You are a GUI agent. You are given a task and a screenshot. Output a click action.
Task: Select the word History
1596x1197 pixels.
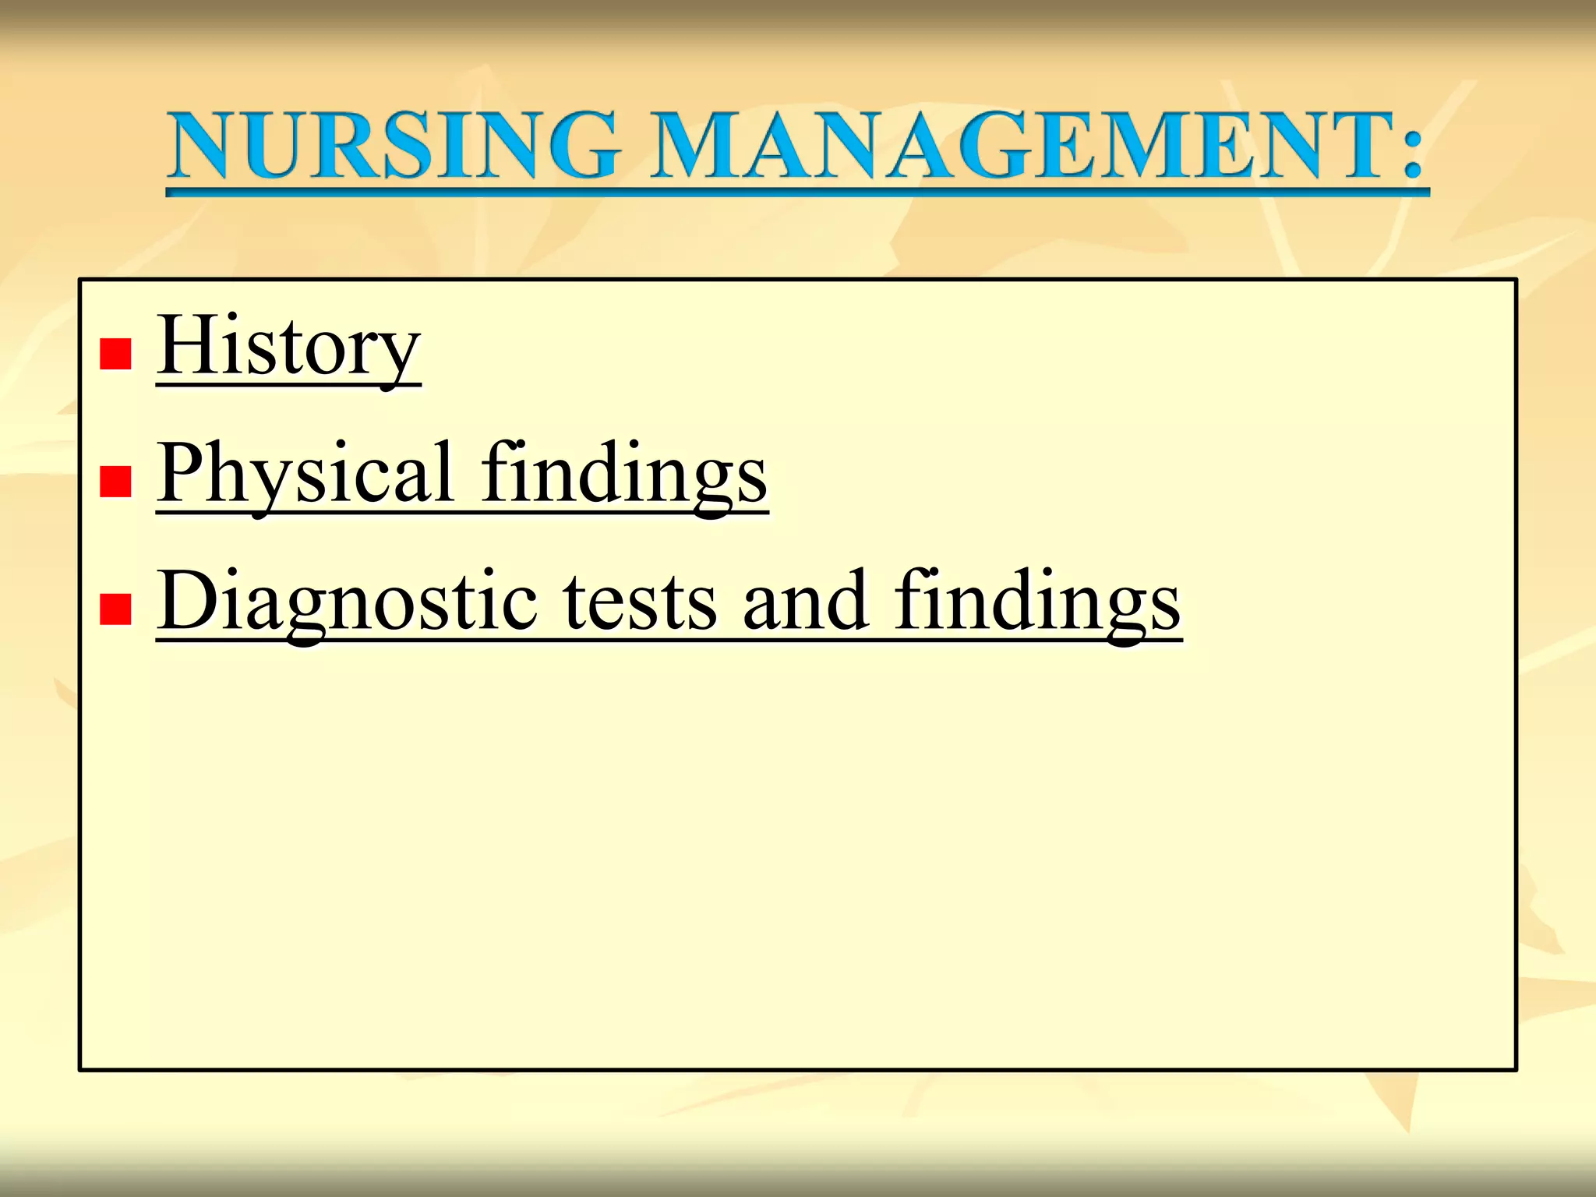(x=288, y=347)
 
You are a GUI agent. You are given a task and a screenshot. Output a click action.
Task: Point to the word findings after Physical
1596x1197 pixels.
(x=623, y=474)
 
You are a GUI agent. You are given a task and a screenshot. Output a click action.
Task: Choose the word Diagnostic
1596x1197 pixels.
(x=347, y=602)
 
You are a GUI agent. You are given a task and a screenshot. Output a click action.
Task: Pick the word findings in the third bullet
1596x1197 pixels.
(x=1036, y=602)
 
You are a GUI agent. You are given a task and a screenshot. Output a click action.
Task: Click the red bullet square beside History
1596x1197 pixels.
(x=115, y=354)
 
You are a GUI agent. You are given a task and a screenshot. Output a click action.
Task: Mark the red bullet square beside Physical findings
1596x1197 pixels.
(x=115, y=481)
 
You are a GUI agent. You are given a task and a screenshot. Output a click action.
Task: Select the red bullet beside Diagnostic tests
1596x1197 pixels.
(x=115, y=609)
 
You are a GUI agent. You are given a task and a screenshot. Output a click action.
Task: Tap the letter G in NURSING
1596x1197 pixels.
(x=581, y=146)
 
